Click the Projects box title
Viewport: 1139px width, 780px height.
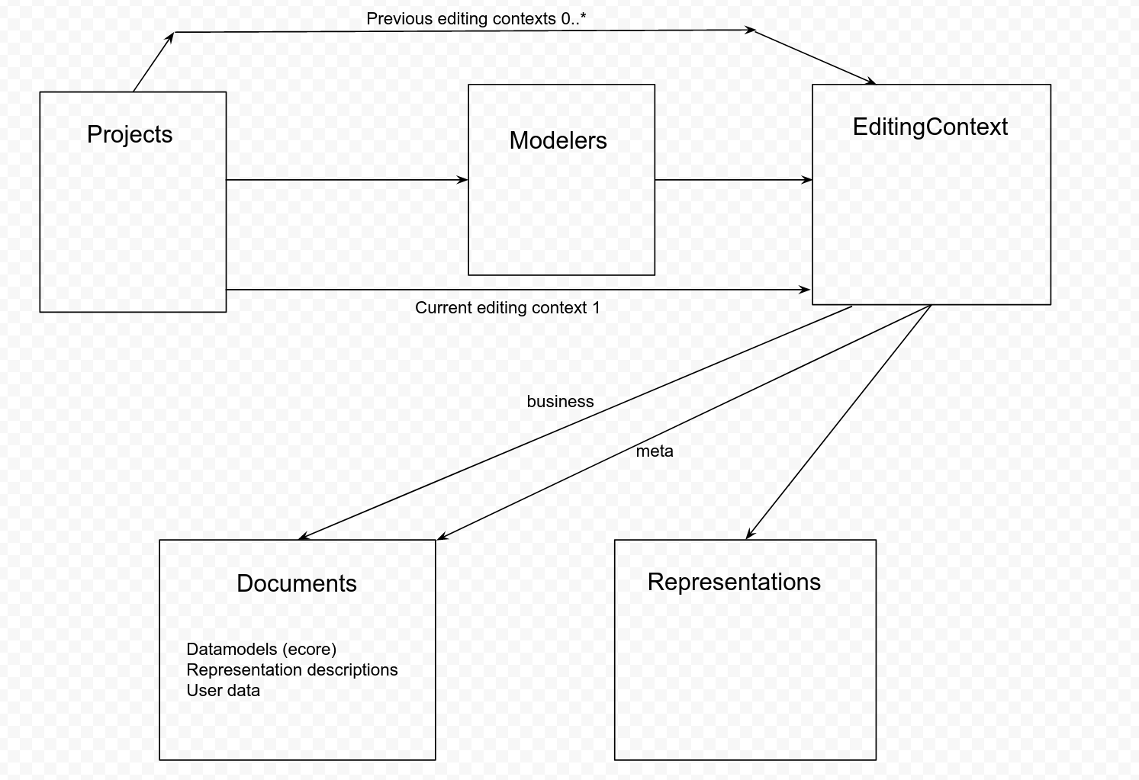click(x=130, y=135)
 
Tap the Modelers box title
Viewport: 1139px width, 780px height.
click(x=558, y=141)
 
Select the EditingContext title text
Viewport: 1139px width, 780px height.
click(x=930, y=127)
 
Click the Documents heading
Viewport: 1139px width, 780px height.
click(x=297, y=583)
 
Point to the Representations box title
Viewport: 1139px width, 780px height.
click(x=734, y=583)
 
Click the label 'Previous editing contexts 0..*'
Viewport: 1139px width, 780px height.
click(x=476, y=19)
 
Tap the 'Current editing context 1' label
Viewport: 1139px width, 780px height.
click(x=507, y=308)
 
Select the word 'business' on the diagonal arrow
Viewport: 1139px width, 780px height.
click(x=560, y=402)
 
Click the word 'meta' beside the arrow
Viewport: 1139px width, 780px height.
click(x=655, y=451)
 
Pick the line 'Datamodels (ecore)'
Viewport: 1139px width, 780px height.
click(x=261, y=650)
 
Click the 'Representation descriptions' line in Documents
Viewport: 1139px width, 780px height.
click(x=291, y=670)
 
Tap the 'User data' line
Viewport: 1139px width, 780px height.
click(x=223, y=691)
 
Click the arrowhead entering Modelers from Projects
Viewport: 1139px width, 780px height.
click(x=463, y=180)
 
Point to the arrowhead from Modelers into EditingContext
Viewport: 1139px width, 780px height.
click(x=807, y=180)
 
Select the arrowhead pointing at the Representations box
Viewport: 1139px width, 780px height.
click(x=749, y=534)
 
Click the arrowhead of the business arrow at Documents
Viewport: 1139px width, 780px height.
click(x=303, y=537)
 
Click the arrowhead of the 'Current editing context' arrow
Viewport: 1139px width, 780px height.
click(x=805, y=290)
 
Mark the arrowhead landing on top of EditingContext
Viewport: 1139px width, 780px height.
click(x=870, y=81)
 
